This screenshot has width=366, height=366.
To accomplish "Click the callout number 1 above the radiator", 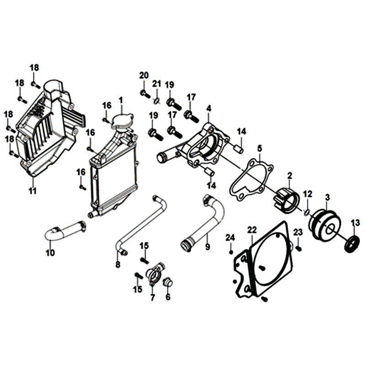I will pos(121,100).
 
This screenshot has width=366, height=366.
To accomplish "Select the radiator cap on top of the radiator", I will pos(122,120).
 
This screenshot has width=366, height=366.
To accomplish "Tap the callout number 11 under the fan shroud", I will pos(32,191).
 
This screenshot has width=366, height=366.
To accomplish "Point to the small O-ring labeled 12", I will pos(306,211).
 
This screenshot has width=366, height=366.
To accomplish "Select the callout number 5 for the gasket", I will pos(259,148).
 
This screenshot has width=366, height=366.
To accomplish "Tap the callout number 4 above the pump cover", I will pos(209,108).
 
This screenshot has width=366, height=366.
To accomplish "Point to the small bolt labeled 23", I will pos(298,248).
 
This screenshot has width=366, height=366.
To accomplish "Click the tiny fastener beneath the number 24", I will pos(231,251).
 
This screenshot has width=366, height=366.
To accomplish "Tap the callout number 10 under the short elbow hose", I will pos(50,252).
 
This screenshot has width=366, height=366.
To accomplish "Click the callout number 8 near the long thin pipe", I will pos(118,264).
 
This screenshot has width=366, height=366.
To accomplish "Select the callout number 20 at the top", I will pos(144,75).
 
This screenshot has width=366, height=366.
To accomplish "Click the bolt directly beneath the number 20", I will pos(144,93).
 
